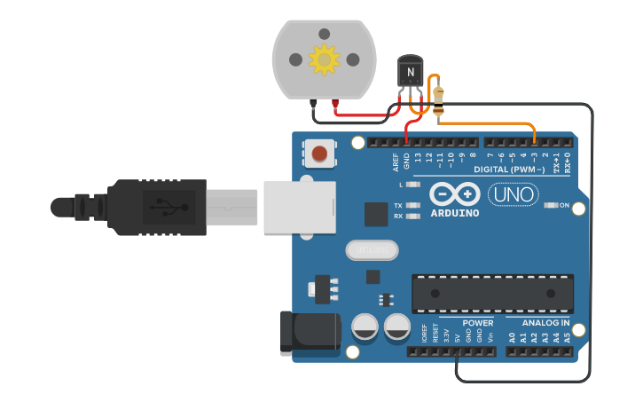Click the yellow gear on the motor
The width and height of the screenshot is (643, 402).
[x=324, y=59]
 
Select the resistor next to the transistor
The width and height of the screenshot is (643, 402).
[x=438, y=98]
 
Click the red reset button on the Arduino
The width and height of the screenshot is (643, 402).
[x=319, y=154]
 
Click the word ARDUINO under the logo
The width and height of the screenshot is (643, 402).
[x=454, y=213]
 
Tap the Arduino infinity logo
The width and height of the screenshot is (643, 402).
[x=454, y=193]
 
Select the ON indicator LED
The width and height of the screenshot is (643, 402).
[x=552, y=206]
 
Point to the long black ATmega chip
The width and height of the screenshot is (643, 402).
[x=492, y=294]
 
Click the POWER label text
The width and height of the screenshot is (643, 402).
[x=478, y=323]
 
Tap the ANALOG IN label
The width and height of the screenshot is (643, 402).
[x=546, y=323]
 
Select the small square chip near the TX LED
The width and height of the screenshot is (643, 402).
[x=376, y=214]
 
